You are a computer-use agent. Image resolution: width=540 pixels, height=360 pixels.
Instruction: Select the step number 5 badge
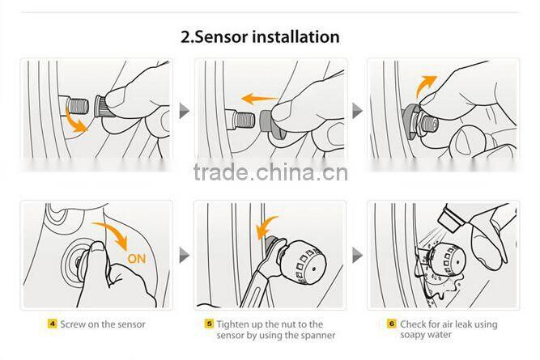pyautogui.click(x=209, y=324)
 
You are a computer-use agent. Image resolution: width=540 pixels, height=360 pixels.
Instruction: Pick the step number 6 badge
pyautogui.click(x=392, y=324)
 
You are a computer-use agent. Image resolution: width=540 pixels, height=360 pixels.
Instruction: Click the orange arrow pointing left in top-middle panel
pyautogui.click(x=257, y=98)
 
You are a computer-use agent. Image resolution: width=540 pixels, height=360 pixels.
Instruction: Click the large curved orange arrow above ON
pyautogui.click(x=117, y=231)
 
